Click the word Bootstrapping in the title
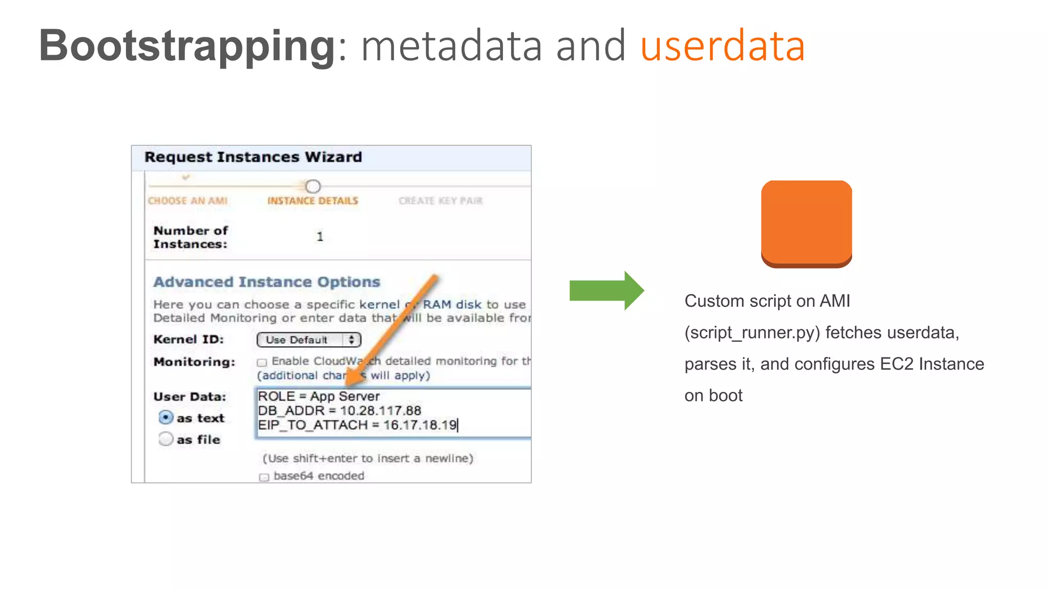(187, 46)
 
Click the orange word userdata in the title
(722, 46)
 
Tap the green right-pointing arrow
(606, 290)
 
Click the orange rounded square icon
(806, 223)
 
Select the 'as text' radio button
(165, 418)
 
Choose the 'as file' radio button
(165, 439)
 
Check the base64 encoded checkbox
(264, 477)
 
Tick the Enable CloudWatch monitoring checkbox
(262, 363)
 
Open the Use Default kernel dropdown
(308, 340)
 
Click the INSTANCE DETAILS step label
(312, 201)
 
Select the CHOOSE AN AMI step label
(187, 201)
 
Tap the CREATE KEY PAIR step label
(440, 201)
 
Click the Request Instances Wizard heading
(253, 157)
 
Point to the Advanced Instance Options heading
(266, 282)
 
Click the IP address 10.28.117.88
(380, 411)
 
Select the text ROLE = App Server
(319, 396)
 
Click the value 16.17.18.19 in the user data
(419, 425)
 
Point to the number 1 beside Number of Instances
(320, 237)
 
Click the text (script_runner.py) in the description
(752, 333)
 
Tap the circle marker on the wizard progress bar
(313, 186)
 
